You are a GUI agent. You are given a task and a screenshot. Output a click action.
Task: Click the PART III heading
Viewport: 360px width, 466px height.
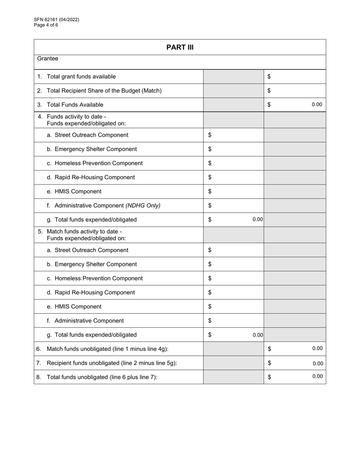(180, 47)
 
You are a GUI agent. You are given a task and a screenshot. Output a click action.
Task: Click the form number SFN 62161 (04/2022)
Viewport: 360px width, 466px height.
(56, 20)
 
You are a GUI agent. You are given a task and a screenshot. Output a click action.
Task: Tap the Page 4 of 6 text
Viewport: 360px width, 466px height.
(46, 25)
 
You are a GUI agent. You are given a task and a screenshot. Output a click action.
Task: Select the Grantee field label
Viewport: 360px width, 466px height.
(48, 59)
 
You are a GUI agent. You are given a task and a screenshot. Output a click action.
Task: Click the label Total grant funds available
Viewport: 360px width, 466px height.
(81, 77)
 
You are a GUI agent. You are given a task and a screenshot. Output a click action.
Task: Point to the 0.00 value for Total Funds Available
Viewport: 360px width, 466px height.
(317, 105)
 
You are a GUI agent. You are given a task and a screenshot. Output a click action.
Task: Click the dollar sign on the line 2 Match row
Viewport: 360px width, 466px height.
(269, 91)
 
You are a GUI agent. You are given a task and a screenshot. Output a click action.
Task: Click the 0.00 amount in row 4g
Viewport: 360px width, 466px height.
(258, 219)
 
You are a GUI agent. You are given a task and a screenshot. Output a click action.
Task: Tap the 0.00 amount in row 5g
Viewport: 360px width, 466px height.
(258, 335)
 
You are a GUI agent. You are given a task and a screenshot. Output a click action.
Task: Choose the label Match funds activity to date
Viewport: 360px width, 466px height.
(84, 231)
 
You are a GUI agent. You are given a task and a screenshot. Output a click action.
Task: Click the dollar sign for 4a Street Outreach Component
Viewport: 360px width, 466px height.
(210, 135)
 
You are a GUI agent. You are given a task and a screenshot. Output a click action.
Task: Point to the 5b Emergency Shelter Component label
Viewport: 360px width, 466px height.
(95, 264)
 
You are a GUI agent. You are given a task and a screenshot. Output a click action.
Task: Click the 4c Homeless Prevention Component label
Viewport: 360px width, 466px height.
(99, 163)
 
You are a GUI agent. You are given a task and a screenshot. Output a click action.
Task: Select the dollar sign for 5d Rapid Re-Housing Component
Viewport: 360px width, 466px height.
(210, 292)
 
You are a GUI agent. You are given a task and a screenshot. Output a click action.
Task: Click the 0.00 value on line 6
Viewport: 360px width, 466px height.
(317, 349)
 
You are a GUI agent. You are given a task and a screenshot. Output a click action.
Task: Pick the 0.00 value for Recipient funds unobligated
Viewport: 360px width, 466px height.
(318, 363)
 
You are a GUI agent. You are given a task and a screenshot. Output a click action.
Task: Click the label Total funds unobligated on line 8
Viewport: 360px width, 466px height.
(102, 377)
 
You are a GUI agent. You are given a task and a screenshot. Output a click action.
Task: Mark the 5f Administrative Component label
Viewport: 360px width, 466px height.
(89, 321)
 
